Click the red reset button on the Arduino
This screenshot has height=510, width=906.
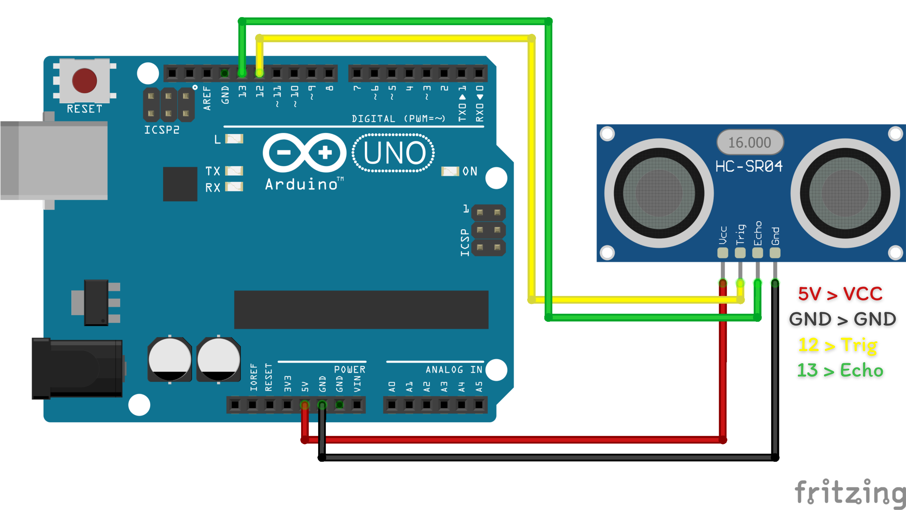[84, 81]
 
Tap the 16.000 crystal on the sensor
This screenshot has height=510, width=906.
[750, 142]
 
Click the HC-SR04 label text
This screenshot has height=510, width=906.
[749, 166]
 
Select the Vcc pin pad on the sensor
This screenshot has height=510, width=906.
[723, 253]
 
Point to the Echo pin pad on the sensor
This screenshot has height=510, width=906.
[758, 253]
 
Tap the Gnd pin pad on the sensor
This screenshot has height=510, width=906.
[775, 253]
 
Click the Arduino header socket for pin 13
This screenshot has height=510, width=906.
[242, 73]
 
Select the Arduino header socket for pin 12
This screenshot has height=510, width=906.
[259, 73]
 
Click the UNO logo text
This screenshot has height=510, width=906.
[394, 153]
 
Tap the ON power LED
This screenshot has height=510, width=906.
[450, 171]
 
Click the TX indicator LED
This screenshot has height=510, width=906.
[234, 171]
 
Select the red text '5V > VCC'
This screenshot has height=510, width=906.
[840, 294]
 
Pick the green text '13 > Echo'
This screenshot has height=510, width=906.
[840, 370]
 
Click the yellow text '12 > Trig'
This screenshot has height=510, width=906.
[838, 345]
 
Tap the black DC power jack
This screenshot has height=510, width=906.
[77, 369]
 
